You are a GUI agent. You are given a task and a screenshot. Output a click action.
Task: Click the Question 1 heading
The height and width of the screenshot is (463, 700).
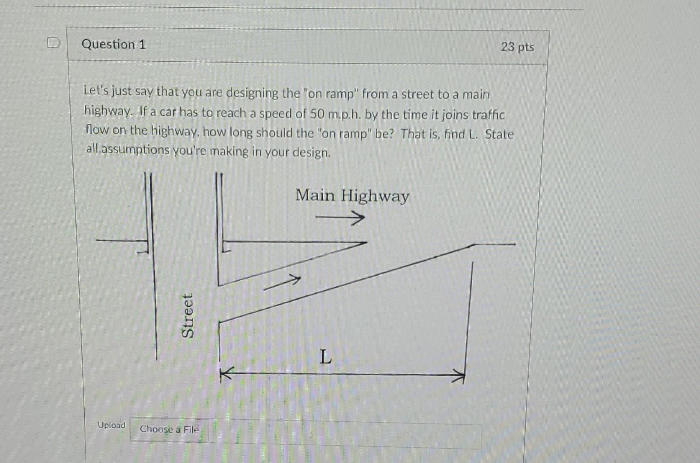click(x=113, y=45)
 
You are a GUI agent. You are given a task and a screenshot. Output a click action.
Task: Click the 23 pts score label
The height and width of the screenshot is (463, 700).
click(x=517, y=47)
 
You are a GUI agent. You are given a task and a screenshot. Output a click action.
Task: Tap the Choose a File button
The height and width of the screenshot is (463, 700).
click(x=169, y=429)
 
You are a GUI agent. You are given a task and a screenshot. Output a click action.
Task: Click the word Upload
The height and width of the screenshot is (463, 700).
click(x=111, y=425)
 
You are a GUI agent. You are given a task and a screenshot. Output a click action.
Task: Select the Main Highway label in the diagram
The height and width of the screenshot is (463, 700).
click(x=352, y=196)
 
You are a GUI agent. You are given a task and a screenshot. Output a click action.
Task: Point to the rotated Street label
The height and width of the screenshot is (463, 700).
click(x=188, y=316)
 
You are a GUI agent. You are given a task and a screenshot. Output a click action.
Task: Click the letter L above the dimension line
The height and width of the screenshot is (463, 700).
click(x=325, y=356)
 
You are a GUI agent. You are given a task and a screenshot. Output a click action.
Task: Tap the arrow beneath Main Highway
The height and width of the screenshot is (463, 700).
click(x=340, y=218)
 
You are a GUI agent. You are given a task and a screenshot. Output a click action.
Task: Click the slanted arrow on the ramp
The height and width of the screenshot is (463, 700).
click(x=282, y=283)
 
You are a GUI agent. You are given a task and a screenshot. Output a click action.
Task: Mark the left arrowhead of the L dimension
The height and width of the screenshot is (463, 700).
click(x=225, y=373)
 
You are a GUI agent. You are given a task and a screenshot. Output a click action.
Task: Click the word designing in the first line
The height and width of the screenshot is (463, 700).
click(x=252, y=93)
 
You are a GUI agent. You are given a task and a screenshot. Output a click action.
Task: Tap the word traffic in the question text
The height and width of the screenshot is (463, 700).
click(x=488, y=115)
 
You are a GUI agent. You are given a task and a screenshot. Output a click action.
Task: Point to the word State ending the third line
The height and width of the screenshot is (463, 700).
click(x=499, y=134)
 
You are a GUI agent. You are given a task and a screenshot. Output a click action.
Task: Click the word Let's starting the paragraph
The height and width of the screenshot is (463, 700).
click(x=96, y=90)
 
